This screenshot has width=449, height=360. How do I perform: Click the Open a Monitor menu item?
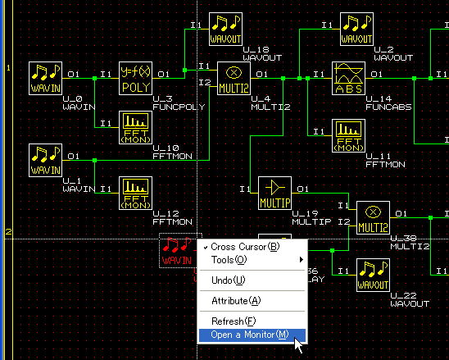pyautogui.click(x=252, y=335)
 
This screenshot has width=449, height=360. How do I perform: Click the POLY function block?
pyautogui.click(x=135, y=78)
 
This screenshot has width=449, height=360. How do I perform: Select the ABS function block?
pyautogui.click(x=348, y=78)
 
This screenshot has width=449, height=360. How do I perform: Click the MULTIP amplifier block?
pyautogui.click(x=275, y=194)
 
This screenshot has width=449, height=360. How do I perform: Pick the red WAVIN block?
pyautogui.click(x=178, y=251)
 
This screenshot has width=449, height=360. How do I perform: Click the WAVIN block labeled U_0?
pyautogui.click(x=46, y=78)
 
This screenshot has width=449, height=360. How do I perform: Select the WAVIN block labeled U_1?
pyautogui.click(x=46, y=160)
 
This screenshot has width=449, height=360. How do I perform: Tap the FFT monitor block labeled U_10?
pyautogui.click(x=135, y=128)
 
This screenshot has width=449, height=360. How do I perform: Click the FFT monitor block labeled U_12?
pyautogui.click(x=135, y=194)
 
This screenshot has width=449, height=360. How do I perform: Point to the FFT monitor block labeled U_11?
pyautogui.click(x=348, y=136)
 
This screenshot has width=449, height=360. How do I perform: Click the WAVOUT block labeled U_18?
pyautogui.click(x=225, y=29)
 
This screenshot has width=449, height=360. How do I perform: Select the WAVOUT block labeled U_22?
pyautogui.click(x=373, y=276)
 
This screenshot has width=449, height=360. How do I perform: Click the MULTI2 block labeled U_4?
pyautogui.click(x=234, y=78)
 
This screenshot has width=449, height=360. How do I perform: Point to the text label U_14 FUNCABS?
pyautogui.click(x=388, y=103)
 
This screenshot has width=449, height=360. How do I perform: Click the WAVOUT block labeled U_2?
pyautogui.click(x=356, y=29)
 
